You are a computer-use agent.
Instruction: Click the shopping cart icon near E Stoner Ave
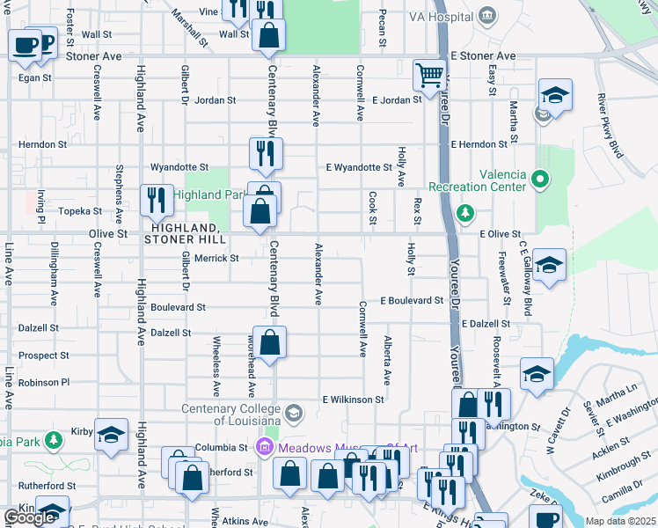click(429, 75)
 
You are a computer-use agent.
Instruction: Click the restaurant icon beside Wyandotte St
click(266, 154)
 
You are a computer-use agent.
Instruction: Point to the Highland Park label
click(208, 194)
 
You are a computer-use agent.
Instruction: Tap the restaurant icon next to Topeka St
click(157, 201)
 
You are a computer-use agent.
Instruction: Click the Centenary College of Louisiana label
click(233, 414)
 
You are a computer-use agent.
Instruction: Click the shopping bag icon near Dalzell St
click(272, 343)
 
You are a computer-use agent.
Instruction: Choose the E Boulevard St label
click(412, 300)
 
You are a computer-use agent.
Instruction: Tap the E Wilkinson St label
click(353, 399)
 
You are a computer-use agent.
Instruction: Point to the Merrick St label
click(216, 259)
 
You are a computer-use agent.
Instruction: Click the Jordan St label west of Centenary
click(216, 100)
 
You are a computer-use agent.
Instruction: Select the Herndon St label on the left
click(43, 144)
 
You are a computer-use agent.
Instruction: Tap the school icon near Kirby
click(112, 436)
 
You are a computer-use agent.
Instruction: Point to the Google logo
click(29, 517)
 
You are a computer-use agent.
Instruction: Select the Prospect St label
click(44, 356)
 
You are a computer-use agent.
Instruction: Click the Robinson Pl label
click(43, 383)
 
